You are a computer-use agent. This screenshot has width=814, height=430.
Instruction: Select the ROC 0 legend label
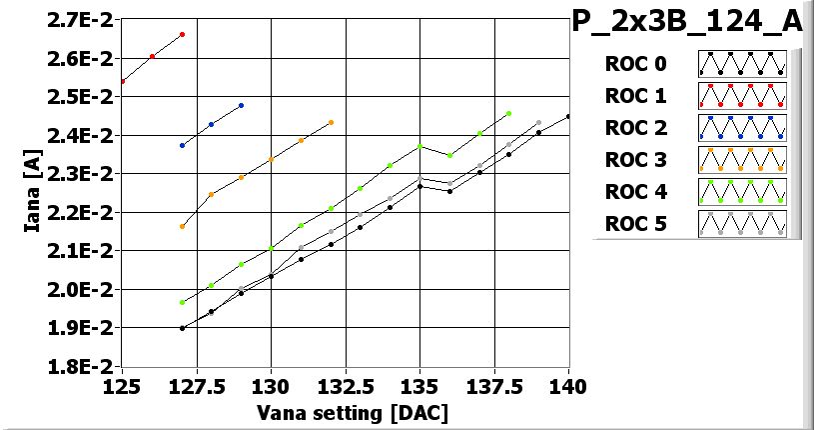(x=635, y=64)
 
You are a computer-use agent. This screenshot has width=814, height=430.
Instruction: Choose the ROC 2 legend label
(x=635, y=128)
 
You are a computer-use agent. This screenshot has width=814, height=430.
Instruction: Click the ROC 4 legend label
(x=635, y=192)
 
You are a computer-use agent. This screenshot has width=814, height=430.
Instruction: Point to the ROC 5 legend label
(x=635, y=224)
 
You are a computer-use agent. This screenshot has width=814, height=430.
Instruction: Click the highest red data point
(x=182, y=34)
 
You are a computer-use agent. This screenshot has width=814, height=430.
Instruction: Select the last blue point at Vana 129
(x=242, y=105)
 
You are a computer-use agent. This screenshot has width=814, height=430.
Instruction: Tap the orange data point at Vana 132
(x=331, y=122)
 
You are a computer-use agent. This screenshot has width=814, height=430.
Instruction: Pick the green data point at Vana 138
(x=508, y=114)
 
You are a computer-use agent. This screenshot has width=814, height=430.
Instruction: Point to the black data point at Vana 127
(x=182, y=328)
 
